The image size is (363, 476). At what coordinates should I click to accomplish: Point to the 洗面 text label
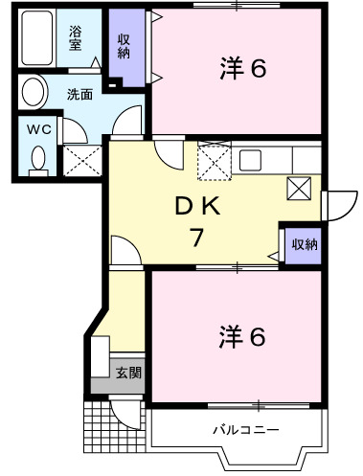(79, 96)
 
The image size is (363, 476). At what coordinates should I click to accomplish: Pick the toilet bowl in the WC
(38, 158)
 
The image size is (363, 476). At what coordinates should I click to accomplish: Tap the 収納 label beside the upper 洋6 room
(125, 45)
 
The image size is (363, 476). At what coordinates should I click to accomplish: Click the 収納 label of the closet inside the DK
(306, 244)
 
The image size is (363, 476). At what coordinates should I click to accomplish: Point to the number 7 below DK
(196, 238)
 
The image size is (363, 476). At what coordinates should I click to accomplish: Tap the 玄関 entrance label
(128, 372)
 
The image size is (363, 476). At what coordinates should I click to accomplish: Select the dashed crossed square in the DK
(213, 159)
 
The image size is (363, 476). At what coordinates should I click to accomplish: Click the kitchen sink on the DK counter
(252, 159)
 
